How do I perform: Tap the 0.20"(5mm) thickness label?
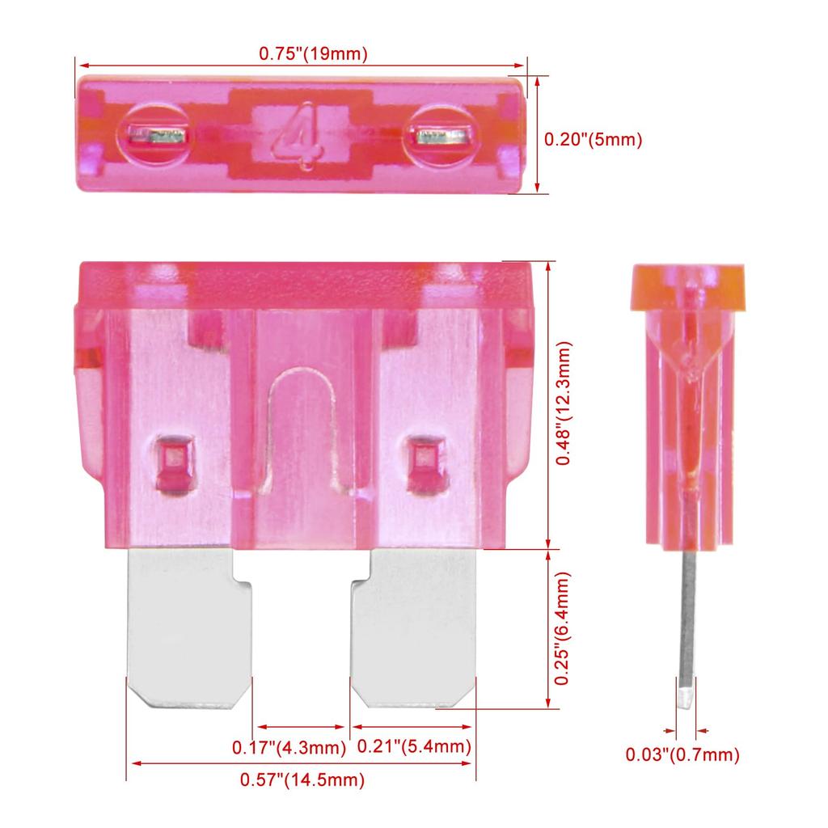[x=593, y=139]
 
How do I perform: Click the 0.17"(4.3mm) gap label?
[x=289, y=748]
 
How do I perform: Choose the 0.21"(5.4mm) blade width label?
[x=413, y=748]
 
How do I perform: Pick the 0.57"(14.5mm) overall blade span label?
[x=302, y=780]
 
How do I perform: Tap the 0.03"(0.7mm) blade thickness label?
[x=682, y=755]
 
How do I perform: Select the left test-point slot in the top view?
[x=159, y=137]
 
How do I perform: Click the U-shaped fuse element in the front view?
[x=301, y=420]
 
